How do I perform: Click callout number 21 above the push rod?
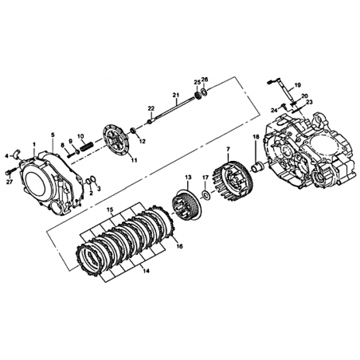(x=176, y=95)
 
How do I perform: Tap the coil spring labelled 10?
(x=86, y=147)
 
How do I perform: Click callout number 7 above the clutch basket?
(x=227, y=148)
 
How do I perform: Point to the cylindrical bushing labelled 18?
(x=257, y=168)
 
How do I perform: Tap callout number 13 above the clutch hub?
(x=188, y=177)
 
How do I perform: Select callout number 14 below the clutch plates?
(x=146, y=271)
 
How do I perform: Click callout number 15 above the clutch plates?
(x=110, y=209)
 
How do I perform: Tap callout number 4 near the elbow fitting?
(x=7, y=156)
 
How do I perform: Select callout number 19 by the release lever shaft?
(x=298, y=85)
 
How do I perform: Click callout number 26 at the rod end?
(x=205, y=79)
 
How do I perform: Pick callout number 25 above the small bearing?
(x=197, y=82)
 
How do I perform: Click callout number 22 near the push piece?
(x=151, y=108)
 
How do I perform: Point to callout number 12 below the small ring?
(x=143, y=141)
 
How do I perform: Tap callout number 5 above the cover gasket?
(x=53, y=135)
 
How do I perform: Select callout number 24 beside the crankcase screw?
(x=275, y=110)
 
